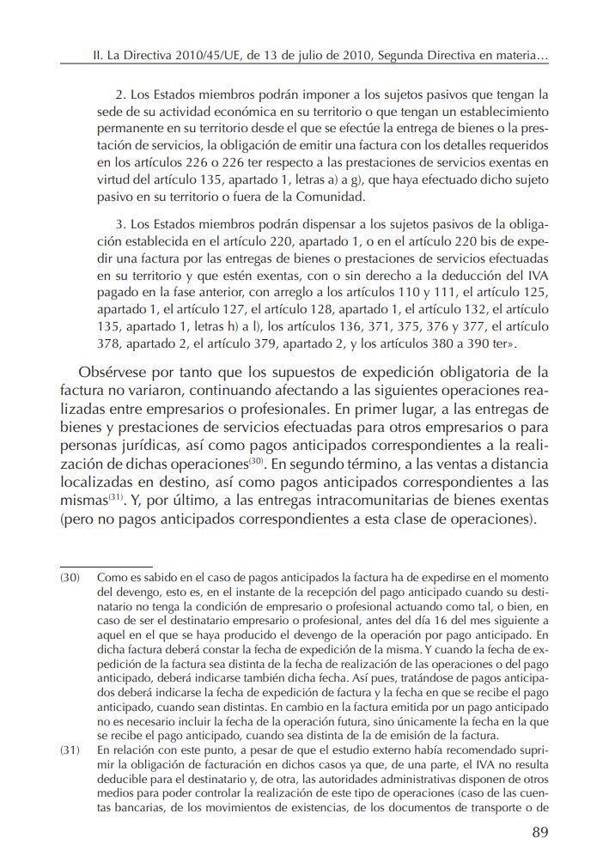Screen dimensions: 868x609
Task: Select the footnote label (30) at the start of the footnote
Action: pyautogui.click(x=70, y=579)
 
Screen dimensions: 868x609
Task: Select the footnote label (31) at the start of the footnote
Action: pyautogui.click(x=70, y=751)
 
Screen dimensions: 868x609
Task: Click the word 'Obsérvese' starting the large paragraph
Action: pyautogui.click(x=117, y=373)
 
